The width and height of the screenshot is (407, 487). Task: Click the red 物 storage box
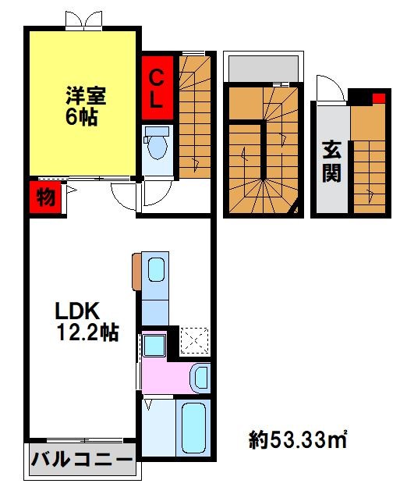[45, 197]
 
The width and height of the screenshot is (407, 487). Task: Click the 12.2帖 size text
[87, 333]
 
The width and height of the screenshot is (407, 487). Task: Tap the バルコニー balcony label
[82, 460]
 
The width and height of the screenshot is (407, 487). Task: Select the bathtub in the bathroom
[193, 430]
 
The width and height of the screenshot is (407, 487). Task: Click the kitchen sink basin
[155, 269]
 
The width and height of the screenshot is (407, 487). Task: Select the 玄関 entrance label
[332, 161]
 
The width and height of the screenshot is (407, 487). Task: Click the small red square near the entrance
[378, 98]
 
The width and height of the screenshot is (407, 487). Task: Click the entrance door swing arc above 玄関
[327, 89]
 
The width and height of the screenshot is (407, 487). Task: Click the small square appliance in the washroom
[154, 344]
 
